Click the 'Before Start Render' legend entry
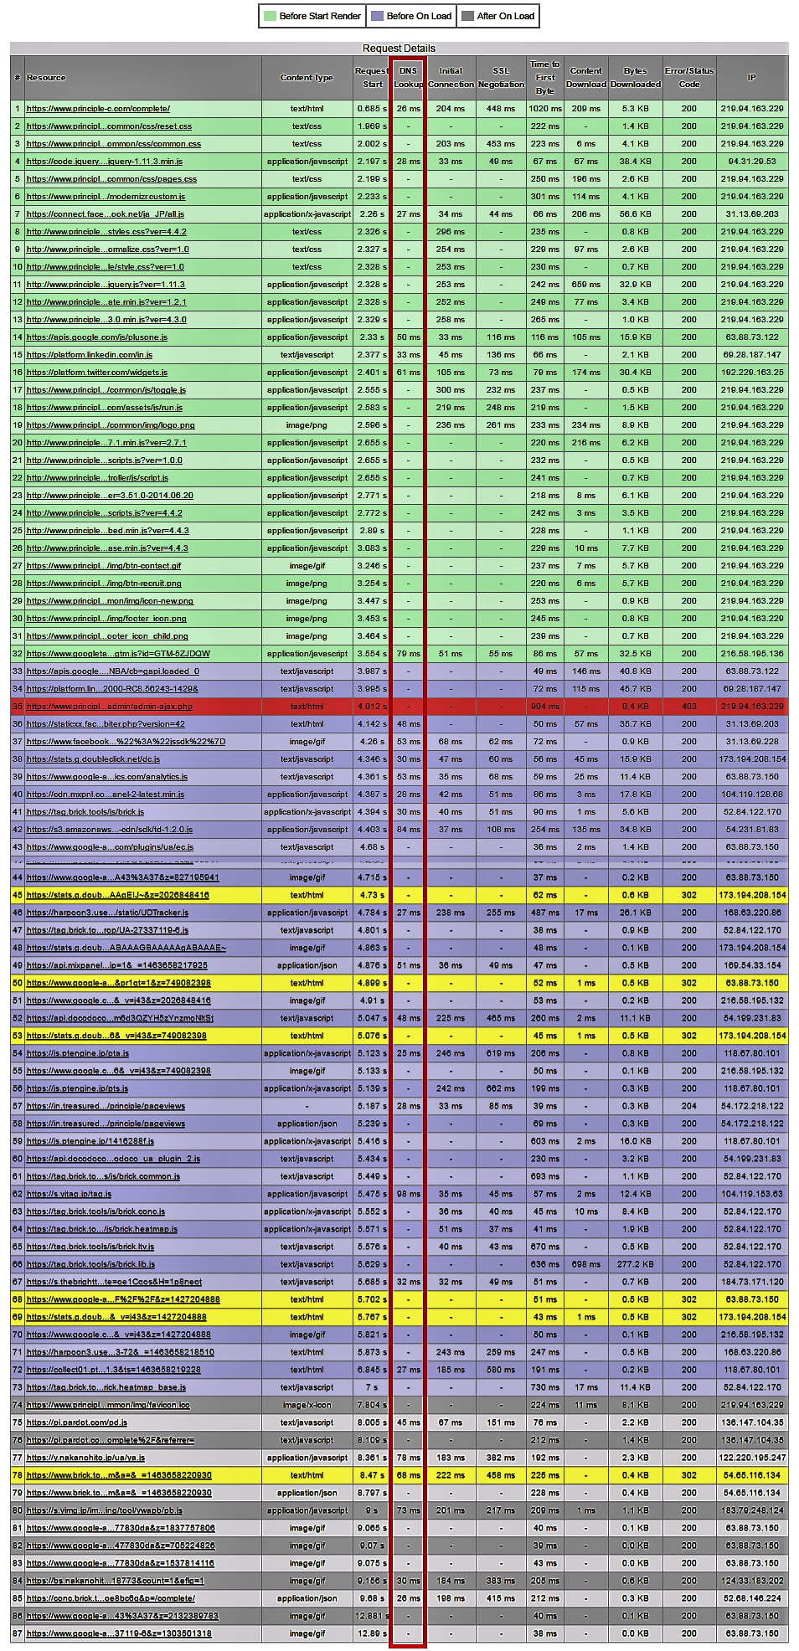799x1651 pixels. (x=312, y=16)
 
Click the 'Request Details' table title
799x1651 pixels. (x=399, y=49)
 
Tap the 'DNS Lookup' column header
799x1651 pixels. (x=408, y=78)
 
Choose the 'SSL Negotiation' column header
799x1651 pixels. (x=501, y=78)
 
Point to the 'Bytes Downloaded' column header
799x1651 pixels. (x=635, y=78)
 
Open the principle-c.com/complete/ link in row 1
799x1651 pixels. (x=98, y=109)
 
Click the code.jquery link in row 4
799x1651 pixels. (x=105, y=162)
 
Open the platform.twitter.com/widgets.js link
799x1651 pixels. (x=97, y=373)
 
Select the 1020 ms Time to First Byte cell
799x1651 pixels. (x=544, y=109)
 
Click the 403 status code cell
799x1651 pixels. (x=688, y=707)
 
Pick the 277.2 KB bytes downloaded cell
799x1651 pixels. (x=635, y=1264)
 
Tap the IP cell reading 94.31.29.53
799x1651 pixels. (x=751, y=162)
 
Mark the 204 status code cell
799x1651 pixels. (x=688, y=1106)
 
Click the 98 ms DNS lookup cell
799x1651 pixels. (x=408, y=1194)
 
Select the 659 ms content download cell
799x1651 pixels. (x=585, y=285)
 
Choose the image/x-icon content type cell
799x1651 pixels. (x=307, y=1405)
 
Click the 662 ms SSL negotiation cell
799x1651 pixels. (x=501, y=1088)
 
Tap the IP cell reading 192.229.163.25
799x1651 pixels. (x=751, y=373)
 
